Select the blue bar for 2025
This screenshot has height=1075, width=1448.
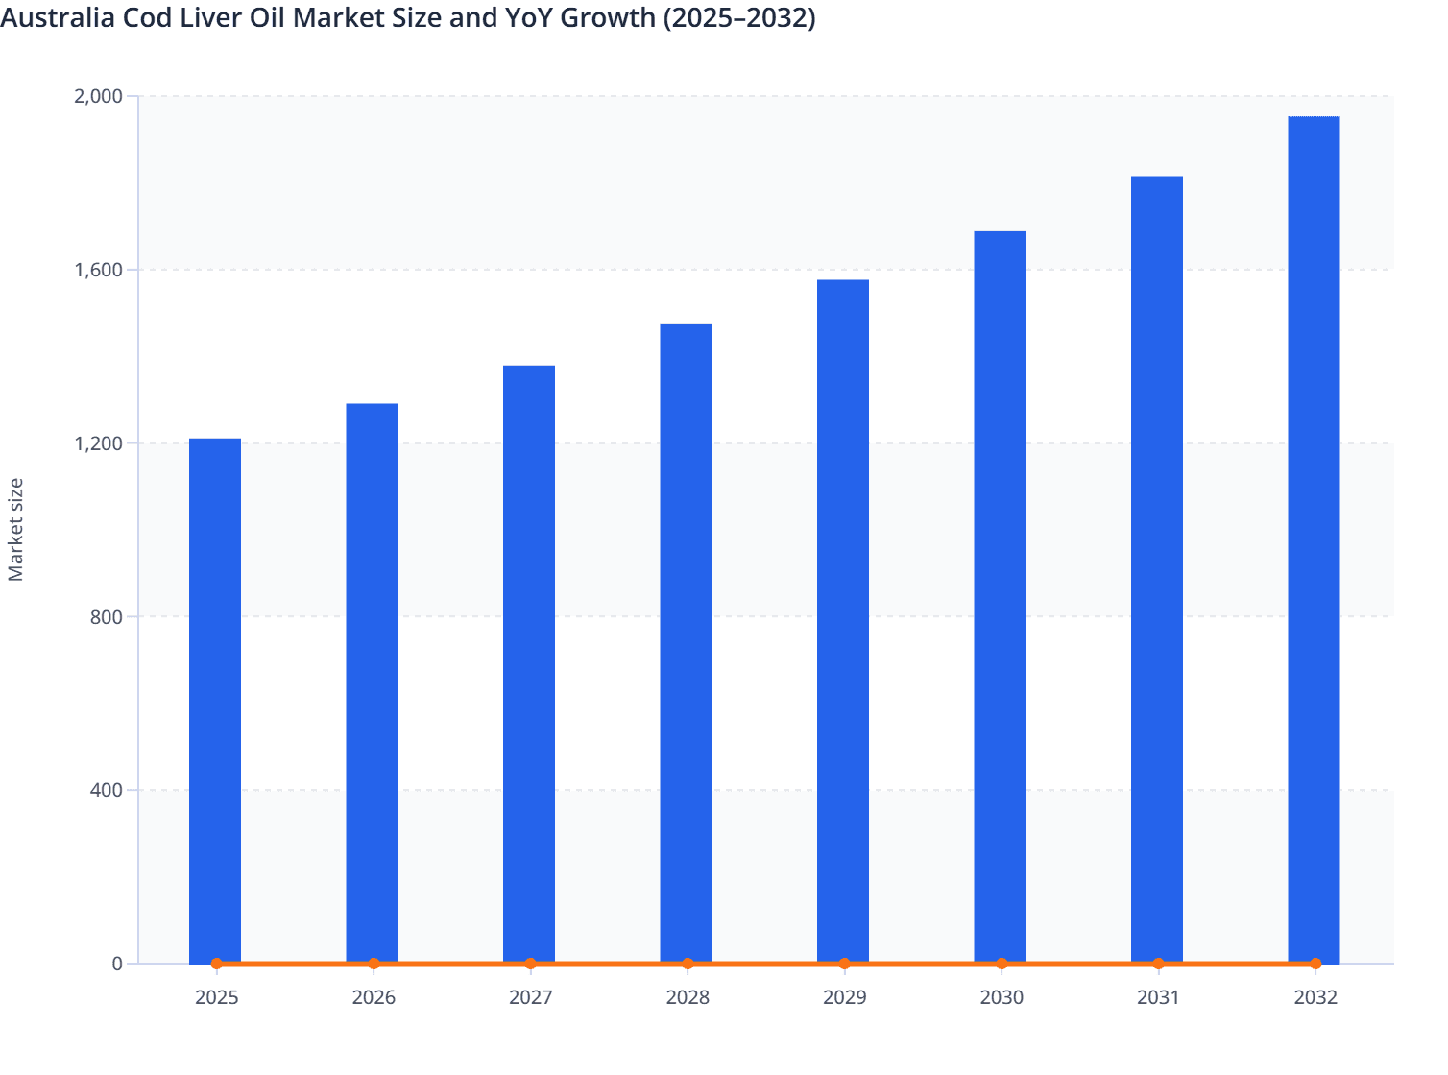pyautogui.click(x=215, y=701)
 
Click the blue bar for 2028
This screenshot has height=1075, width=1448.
pyautogui.click(x=686, y=643)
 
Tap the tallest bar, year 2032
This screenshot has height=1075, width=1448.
pyautogui.click(x=1314, y=537)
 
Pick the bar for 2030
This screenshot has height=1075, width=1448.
pyautogui.click(x=1000, y=595)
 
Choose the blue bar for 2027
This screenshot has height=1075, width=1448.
pyautogui.click(x=529, y=662)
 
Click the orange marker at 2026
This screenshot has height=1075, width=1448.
pyautogui.click(x=374, y=964)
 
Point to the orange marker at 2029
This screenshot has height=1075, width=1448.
pyautogui.click(x=844, y=964)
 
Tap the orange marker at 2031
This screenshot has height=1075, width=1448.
pyautogui.click(x=1158, y=964)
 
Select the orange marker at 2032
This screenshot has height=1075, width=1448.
pyautogui.click(x=1315, y=964)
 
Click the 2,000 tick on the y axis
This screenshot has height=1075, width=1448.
pyautogui.click(x=98, y=96)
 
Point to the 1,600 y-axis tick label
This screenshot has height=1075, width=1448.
pyautogui.click(x=98, y=270)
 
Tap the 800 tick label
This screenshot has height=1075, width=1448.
pyautogui.click(x=107, y=617)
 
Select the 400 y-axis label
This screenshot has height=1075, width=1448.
pyautogui.click(x=107, y=791)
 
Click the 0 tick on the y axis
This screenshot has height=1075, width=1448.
pyautogui.click(x=117, y=964)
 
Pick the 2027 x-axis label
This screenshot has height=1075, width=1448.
pyautogui.click(x=530, y=998)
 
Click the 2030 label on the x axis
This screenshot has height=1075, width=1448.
pyautogui.click(x=1002, y=998)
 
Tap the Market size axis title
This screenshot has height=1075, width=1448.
pyautogui.click(x=16, y=530)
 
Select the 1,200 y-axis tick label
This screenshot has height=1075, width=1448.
pyautogui.click(x=98, y=443)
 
